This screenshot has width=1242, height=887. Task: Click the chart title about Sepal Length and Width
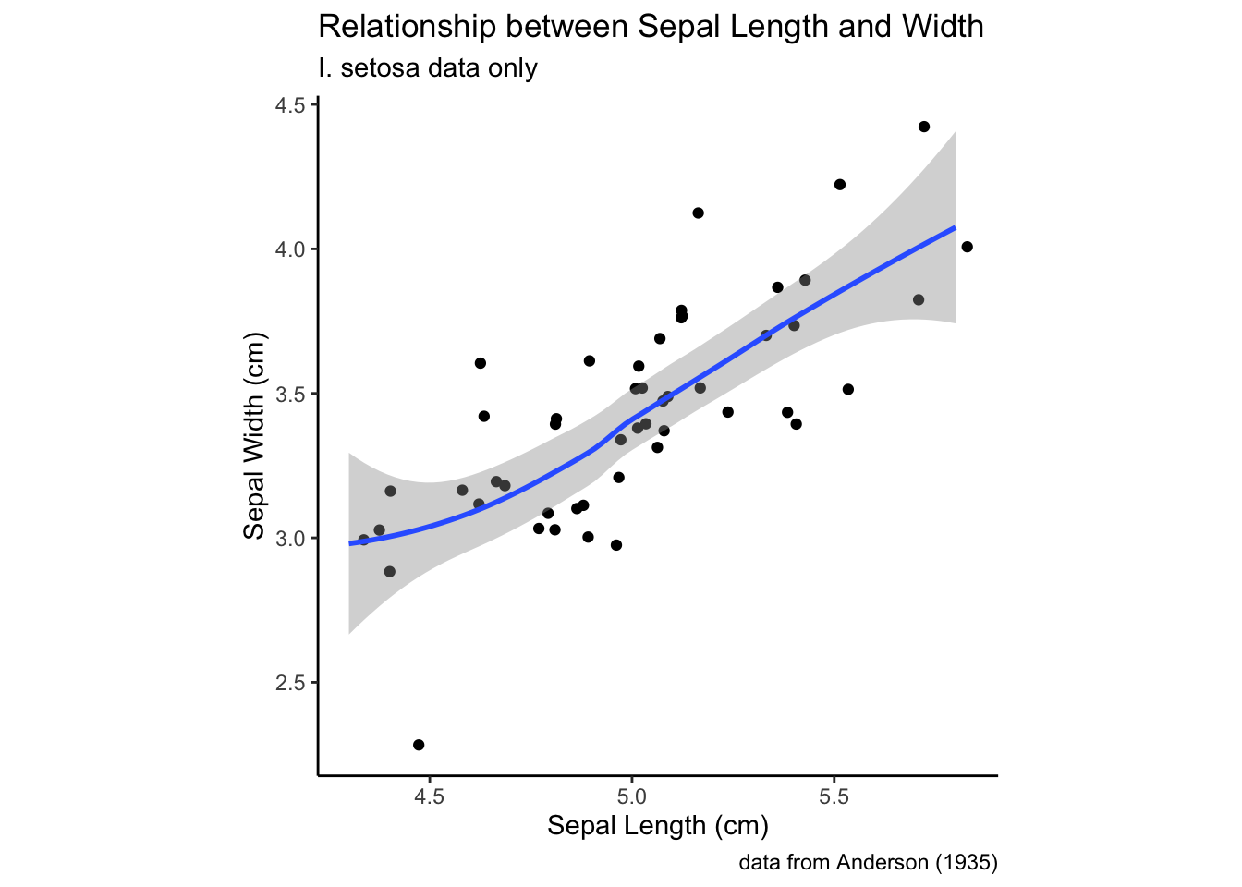point(651,27)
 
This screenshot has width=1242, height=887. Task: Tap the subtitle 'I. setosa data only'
point(427,68)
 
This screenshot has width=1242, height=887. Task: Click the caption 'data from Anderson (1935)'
point(868,863)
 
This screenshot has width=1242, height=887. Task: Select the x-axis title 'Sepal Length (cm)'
point(658,825)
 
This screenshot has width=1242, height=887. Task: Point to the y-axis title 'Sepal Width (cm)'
point(254,435)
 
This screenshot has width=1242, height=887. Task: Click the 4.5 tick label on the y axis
point(290,105)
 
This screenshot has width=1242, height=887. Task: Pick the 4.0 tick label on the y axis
point(290,249)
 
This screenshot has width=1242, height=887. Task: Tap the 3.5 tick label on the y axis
point(290,394)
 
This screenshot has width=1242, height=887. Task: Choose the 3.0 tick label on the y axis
point(290,538)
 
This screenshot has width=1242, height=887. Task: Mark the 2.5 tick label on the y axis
point(290,683)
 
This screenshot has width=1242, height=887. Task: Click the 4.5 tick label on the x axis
point(430,796)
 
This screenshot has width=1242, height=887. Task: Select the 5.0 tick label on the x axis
point(632,796)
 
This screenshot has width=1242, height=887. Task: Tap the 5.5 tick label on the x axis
point(834,796)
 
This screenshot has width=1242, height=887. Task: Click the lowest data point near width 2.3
point(419,745)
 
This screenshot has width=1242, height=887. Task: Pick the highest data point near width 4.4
point(924,127)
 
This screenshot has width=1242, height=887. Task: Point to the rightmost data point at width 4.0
point(968,247)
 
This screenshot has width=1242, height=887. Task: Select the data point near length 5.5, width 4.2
point(840,185)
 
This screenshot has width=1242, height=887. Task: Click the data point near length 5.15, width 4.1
point(698,213)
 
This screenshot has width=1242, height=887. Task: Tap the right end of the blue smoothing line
point(954,227)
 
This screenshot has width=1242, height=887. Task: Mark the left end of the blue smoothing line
point(350,543)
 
